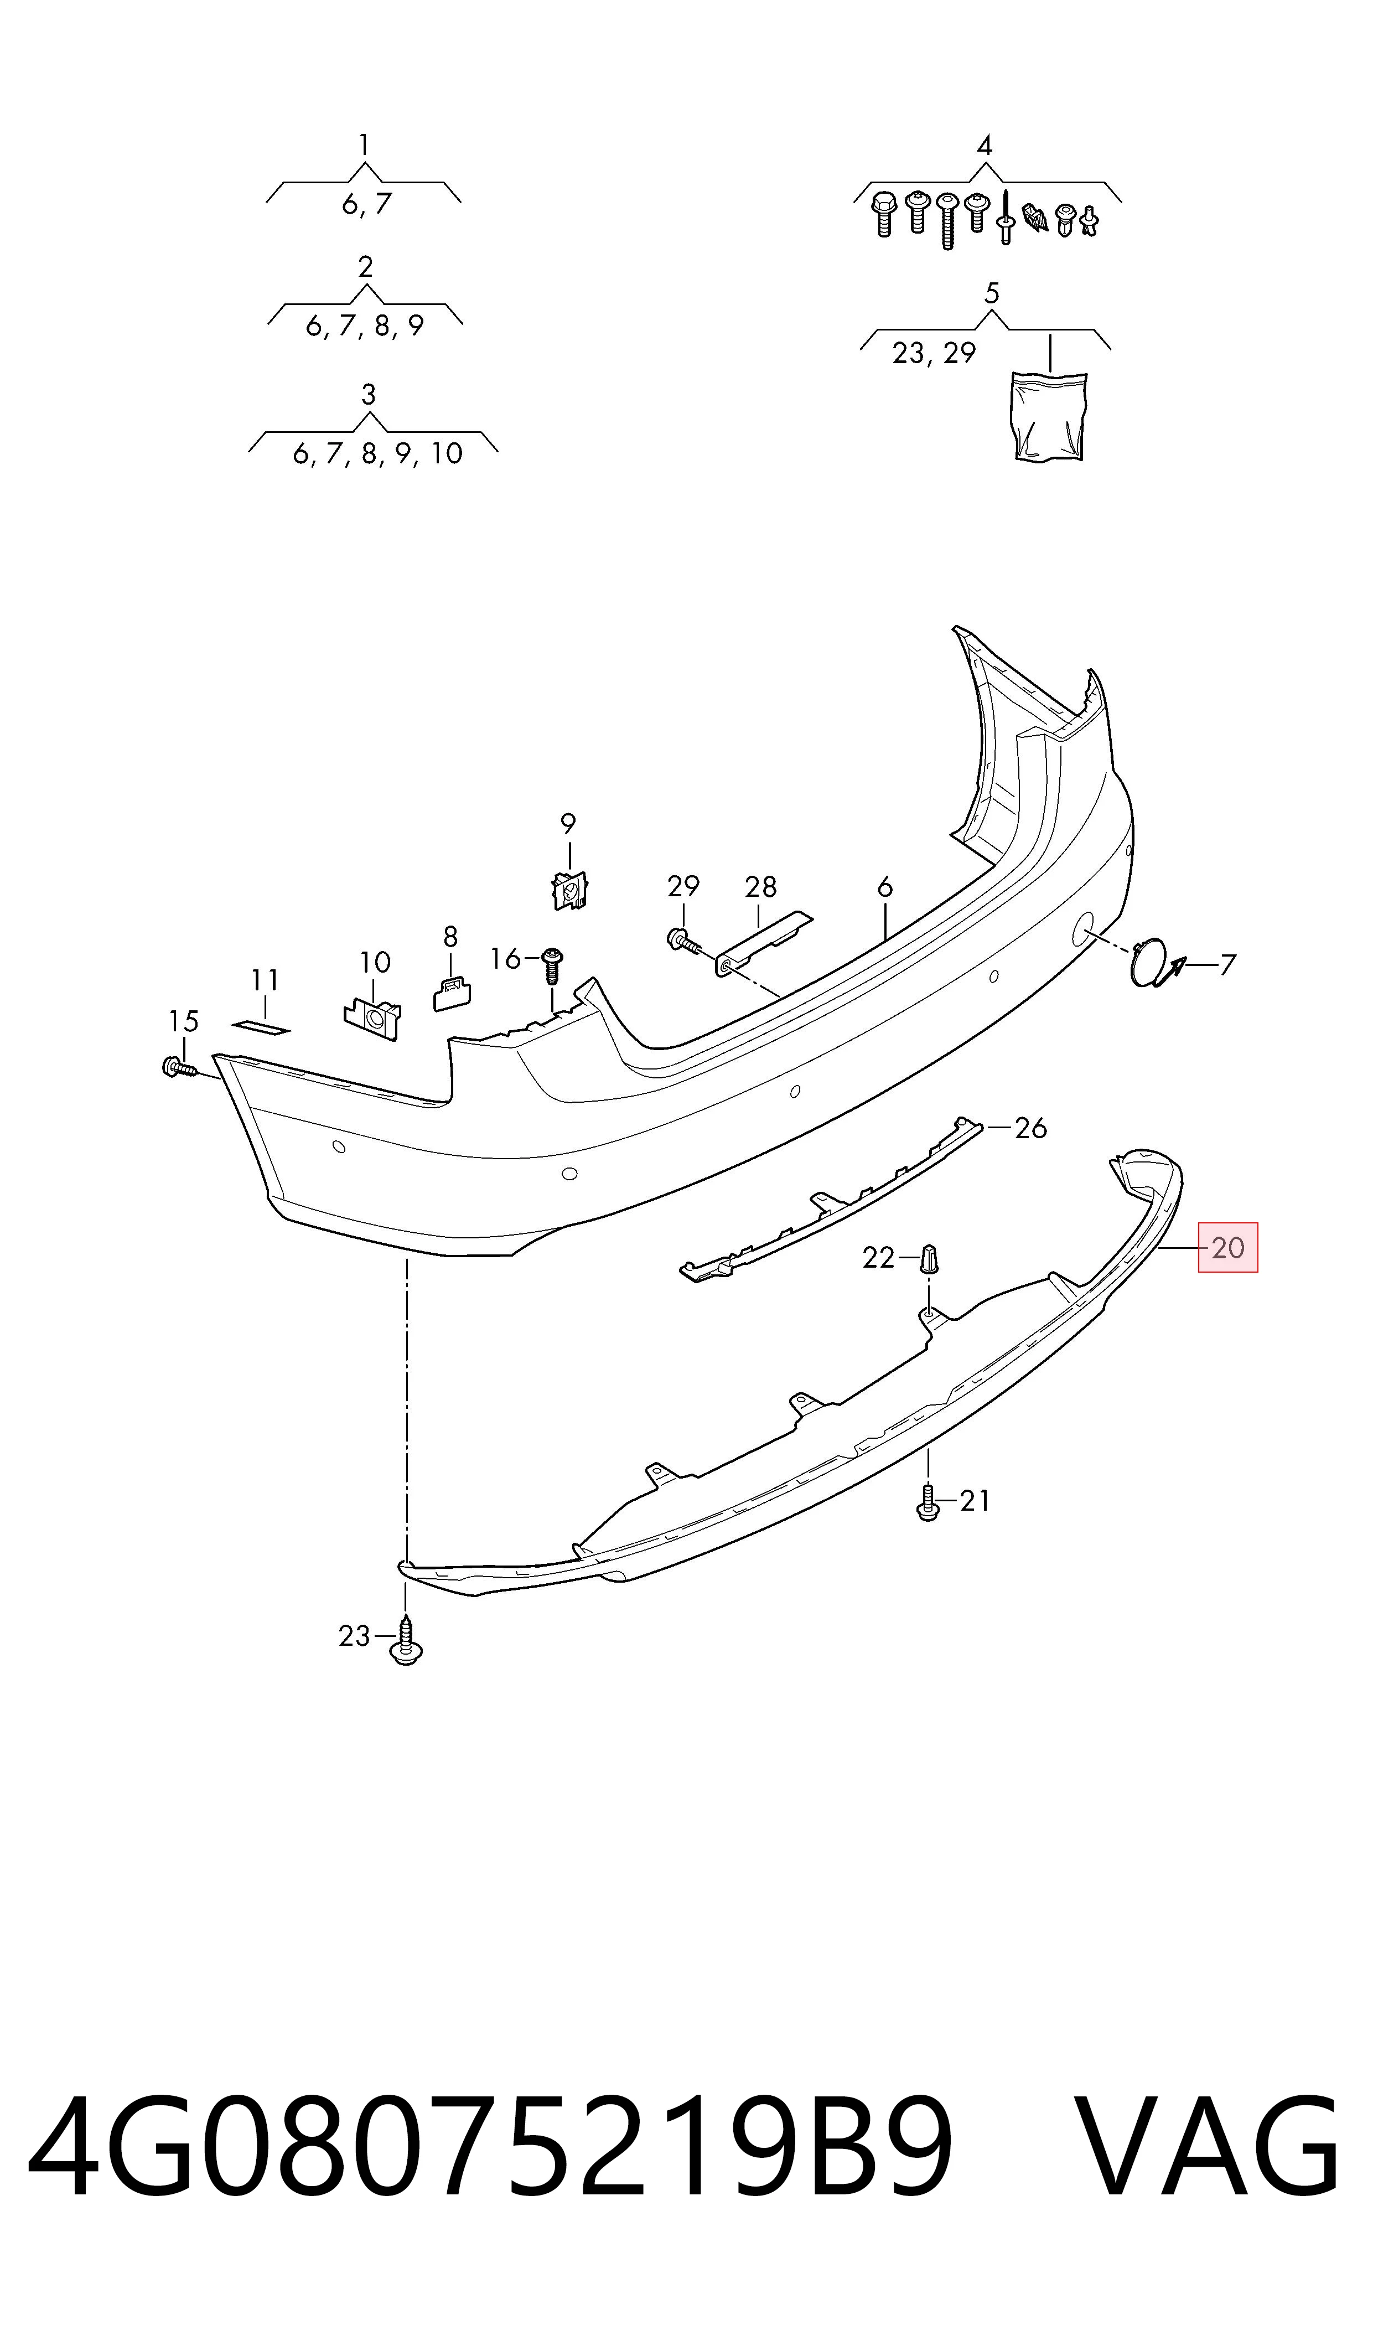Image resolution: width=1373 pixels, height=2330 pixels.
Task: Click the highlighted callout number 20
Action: tap(1228, 1248)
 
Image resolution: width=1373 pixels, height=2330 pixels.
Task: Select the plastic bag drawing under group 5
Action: tap(1049, 416)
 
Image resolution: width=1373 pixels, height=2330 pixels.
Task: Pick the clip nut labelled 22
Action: tap(931, 1258)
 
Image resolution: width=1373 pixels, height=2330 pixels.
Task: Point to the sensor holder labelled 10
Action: tap(373, 1017)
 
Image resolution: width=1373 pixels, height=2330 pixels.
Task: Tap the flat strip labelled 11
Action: tap(261, 1028)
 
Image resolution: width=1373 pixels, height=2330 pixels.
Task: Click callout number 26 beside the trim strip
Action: tap(1030, 1128)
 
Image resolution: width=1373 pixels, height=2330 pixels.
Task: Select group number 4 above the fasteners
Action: tap(985, 145)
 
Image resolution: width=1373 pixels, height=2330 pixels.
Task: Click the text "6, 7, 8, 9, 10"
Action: tap(377, 453)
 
